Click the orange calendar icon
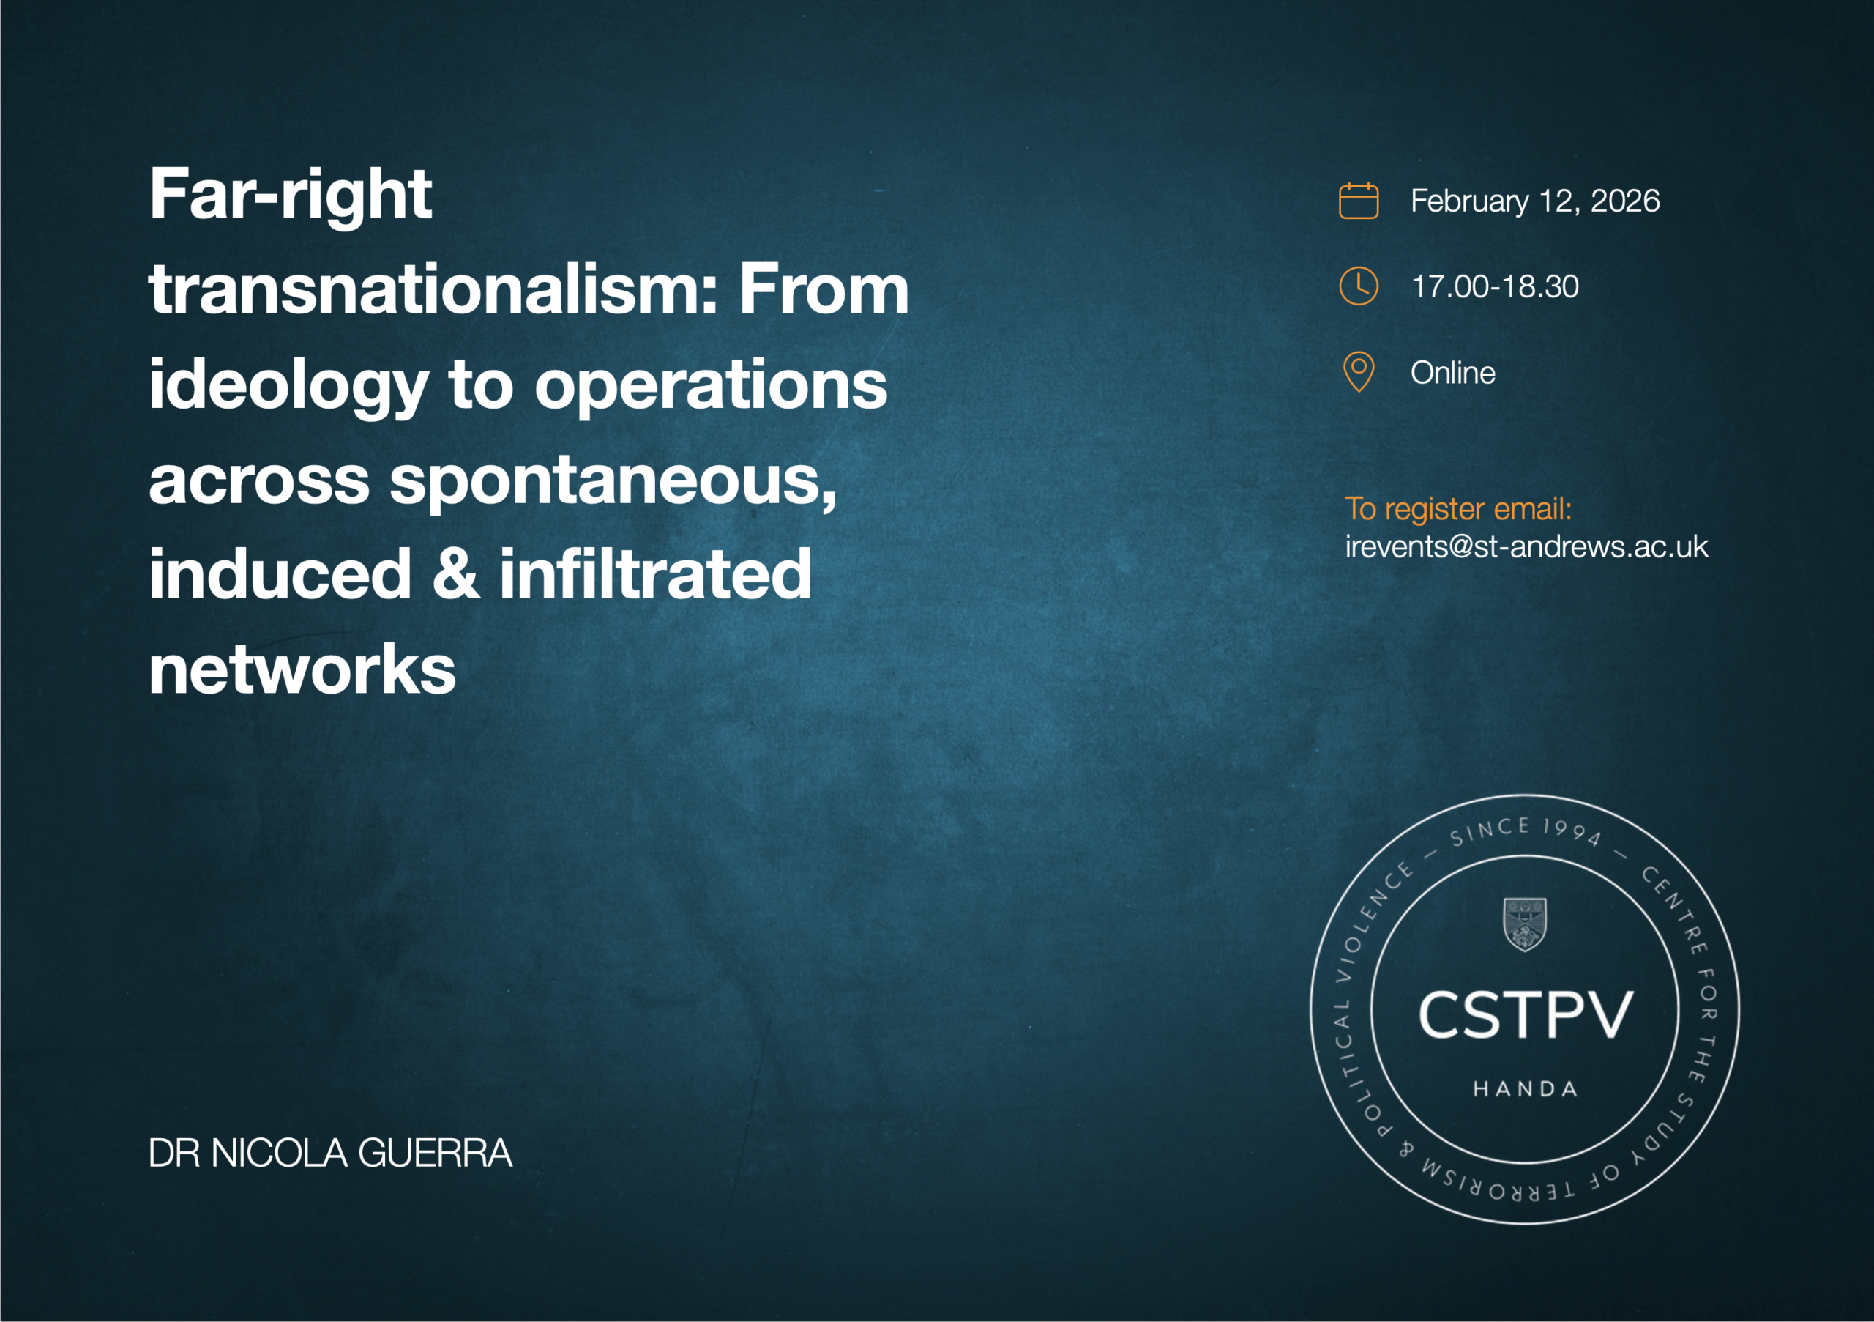[1358, 201]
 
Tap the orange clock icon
[1358, 286]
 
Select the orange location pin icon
[1358, 372]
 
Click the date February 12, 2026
[1534, 201]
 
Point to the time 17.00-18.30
[1495, 286]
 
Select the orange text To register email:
[1457, 509]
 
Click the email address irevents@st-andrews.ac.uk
[1526, 546]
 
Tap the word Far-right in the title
[290, 196]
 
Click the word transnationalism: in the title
[433, 291]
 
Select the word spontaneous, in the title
[613, 482]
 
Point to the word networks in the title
[302, 669]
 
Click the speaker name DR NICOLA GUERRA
[329, 1153]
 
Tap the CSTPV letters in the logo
[1525, 1015]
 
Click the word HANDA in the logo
[1525, 1088]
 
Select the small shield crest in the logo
[1524, 924]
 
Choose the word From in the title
[824, 291]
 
